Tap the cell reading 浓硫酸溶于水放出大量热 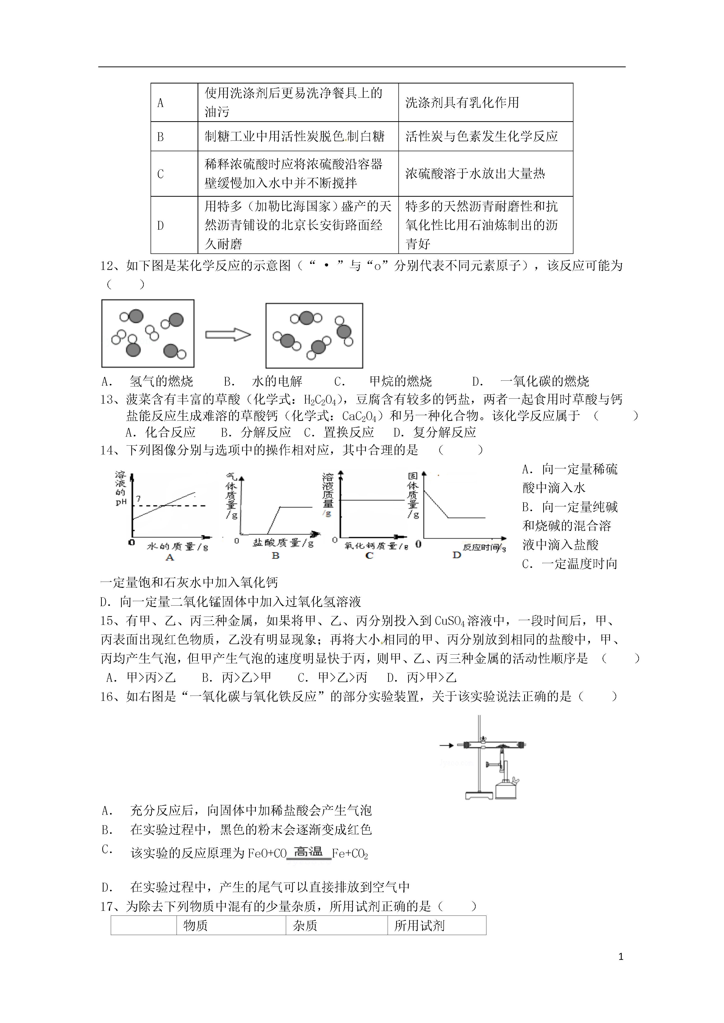[x=475, y=174]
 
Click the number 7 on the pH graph [x=138, y=499]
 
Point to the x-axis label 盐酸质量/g [x=283, y=542]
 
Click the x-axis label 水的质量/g [x=177, y=546]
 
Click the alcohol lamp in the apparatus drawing [x=506, y=790]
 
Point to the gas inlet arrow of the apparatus [x=446, y=745]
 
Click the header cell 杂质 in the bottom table [x=305, y=926]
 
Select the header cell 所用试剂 [x=419, y=926]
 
